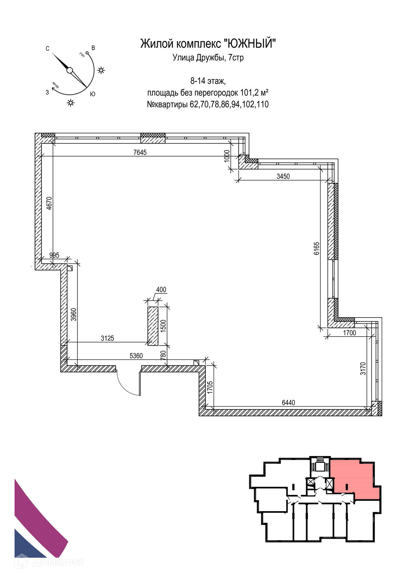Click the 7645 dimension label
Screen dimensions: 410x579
coord(140,152)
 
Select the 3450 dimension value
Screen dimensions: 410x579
coord(283,176)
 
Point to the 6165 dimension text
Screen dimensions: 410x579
coord(316,248)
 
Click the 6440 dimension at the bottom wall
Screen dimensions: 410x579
coord(288,403)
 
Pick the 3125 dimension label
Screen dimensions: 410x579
coord(107,338)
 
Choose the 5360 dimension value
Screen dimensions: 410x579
coord(136,356)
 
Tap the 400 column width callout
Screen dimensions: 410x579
coord(161,290)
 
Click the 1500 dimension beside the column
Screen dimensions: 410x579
coord(163,325)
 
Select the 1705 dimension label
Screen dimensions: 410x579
coord(210,387)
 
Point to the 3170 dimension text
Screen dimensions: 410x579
coord(363,368)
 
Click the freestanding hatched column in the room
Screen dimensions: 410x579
coord(153,326)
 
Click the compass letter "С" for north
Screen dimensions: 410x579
coord(47,49)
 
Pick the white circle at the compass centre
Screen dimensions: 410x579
coord(70,71)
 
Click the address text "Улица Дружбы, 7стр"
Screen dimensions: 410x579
coord(208,58)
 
